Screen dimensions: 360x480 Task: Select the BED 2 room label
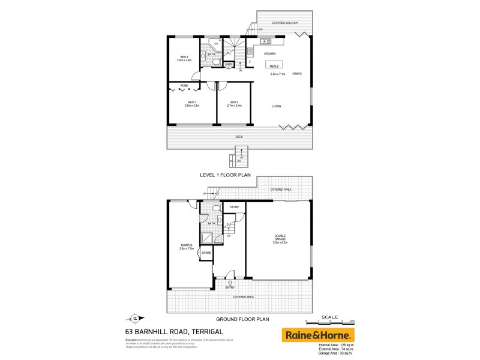coord(233,103)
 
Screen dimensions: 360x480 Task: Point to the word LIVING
coord(277,106)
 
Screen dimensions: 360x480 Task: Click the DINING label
coord(297,74)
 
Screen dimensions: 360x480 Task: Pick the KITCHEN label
coord(270,54)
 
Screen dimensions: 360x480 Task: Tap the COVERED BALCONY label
coord(286,22)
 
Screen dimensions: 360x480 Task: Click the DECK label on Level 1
coord(239,137)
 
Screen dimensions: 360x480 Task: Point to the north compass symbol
coord(135,318)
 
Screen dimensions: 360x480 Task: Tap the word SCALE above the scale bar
coord(329,317)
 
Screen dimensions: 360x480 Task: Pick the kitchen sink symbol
coord(265,41)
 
